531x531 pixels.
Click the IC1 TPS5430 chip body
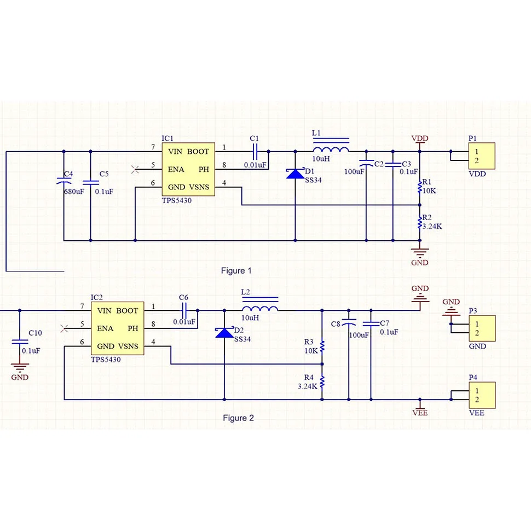pyautogui.click(x=188, y=169)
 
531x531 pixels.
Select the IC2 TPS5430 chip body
pyautogui.click(x=117, y=328)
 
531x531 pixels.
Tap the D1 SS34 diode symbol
pyautogui.click(x=295, y=174)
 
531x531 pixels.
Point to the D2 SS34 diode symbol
pyautogui.click(x=224, y=332)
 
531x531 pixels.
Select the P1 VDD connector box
pyautogui.click(x=482, y=156)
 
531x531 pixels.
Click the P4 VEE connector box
pyautogui.click(x=482, y=395)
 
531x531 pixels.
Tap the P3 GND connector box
pyautogui.click(x=482, y=328)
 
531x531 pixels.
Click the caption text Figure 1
pyautogui.click(x=236, y=270)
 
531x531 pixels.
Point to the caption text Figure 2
pyautogui.click(x=238, y=418)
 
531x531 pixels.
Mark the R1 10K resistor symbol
pyautogui.click(x=420, y=187)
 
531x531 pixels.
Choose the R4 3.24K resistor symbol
pyautogui.click(x=322, y=382)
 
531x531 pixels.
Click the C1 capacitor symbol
pyautogui.click(x=255, y=152)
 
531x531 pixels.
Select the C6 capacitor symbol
pyautogui.click(x=184, y=310)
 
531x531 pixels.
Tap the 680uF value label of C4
pyautogui.click(x=74, y=192)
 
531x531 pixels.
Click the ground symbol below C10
pyautogui.click(x=20, y=367)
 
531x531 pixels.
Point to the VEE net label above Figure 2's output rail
pyautogui.click(x=420, y=412)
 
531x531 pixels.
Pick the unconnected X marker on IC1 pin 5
pyautogui.click(x=135, y=169)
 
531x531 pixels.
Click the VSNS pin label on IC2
pyautogui.click(x=128, y=346)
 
